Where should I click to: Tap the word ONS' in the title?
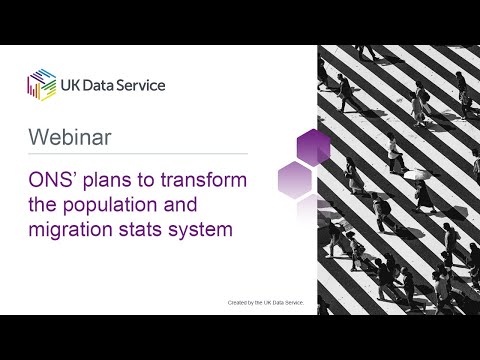pos(51,183)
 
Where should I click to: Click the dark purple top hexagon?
pos(314,145)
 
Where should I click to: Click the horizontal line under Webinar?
pos(137,154)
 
